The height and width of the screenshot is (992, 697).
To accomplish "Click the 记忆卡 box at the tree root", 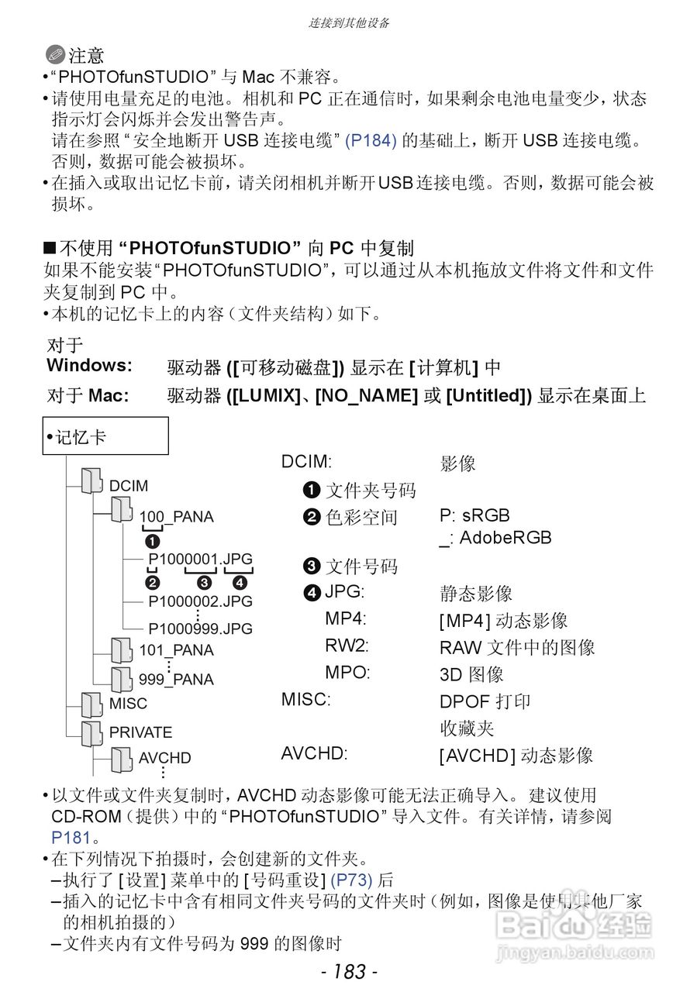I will click(105, 436).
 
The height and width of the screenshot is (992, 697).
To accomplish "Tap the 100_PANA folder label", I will click(176, 517).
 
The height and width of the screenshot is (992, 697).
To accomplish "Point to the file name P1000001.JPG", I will click(200, 559).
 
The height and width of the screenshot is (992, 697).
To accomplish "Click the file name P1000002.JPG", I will click(200, 601).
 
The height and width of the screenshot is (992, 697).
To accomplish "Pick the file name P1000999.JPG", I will click(200, 629).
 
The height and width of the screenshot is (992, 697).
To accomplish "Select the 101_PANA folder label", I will click(176, 650).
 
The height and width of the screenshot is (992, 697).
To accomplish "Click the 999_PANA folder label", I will click(176, 680).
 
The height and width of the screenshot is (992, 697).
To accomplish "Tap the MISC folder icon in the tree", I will click(91, 704).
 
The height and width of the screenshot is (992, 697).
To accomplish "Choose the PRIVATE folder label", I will click(140, 732).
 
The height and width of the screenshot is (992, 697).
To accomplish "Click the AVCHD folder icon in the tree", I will click(121, 759).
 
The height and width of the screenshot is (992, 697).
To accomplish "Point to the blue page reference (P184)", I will click(371, 141).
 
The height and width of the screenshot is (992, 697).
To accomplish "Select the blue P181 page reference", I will click(71, 838).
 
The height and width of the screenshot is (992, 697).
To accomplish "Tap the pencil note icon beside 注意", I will click(55, 55).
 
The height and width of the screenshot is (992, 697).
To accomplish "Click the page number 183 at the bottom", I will click(349, 971).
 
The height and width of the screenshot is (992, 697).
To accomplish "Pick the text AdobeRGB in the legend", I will click(505, 538).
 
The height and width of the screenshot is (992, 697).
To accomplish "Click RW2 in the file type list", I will click(347, 646).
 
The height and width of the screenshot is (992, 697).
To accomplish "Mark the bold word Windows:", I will click(89, 365).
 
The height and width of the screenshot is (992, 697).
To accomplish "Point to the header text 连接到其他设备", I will click(349, 22).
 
